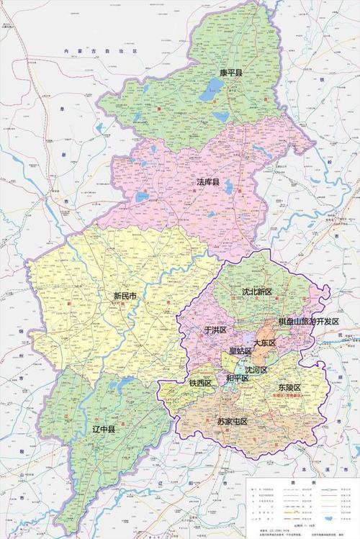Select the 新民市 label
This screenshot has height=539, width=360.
tap(125, 295)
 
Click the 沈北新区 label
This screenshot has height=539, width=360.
tap(256, 291)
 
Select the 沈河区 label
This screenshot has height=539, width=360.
tap(256, 369)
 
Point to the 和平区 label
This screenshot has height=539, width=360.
tap(238, 377)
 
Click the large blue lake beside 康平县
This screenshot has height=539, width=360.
tap(212, 90)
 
